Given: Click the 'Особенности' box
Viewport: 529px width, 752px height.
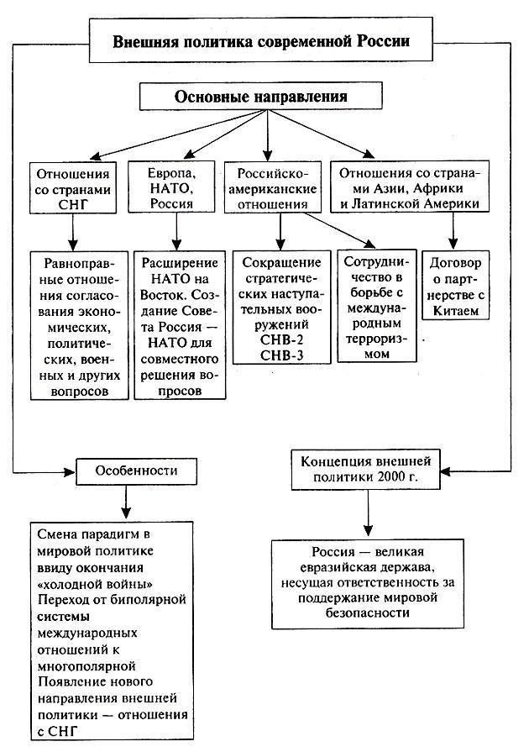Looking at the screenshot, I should [124, 469].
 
